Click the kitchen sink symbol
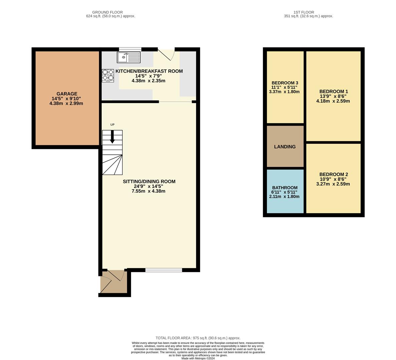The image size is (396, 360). click(129, 57)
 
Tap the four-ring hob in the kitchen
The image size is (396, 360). click(108, 75)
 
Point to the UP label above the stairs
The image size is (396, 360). click(112, 125)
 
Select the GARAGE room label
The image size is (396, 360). click(67, 94)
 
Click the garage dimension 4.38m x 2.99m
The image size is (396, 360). click(66, 103)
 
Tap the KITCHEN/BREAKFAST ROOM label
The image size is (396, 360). click(149, 71)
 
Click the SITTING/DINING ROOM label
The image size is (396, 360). click(149, 181)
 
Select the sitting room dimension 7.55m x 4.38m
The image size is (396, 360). click(148, 191)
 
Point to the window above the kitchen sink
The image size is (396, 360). click(130, 49)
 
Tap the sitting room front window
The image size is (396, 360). click(163, 270)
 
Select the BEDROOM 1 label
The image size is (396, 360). click(333, 91)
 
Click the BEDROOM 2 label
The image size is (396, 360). click(333, 174)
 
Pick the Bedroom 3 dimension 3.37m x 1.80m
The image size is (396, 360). click(284, 92)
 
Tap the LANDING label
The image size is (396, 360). click(285, 147)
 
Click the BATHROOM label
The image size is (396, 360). click(285, 188)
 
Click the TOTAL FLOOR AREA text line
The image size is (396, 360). click(198, 338)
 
